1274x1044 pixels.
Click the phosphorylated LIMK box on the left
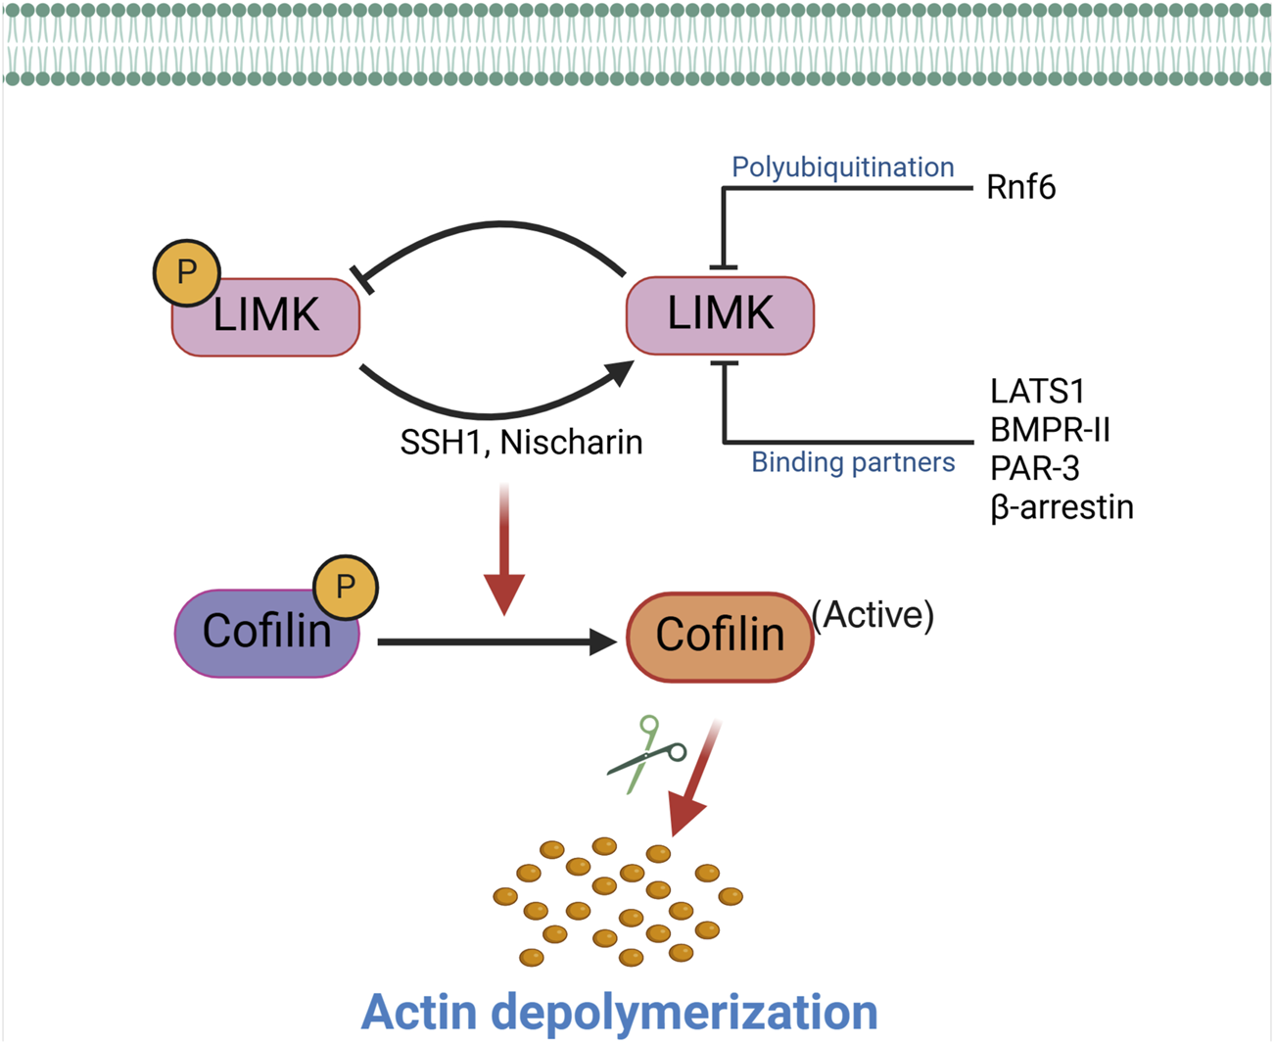point(266,317)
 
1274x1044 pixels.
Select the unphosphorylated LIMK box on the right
point(720,315)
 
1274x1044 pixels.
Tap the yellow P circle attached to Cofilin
point(345,587)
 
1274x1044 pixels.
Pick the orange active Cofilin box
point(720,637)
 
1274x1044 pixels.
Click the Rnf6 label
point(1020,187)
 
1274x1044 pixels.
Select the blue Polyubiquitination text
point(842,167)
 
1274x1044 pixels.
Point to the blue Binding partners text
point(852,462)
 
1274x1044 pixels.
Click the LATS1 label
point(1037,392)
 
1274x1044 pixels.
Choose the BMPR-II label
point(1050,430)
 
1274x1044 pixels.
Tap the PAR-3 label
point(1034,469)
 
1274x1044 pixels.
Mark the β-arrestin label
point(1062,507)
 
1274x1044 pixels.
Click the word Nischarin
point(571,443)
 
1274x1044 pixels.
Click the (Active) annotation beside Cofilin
point(873,615)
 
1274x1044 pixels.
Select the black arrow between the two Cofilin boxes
point(495,642)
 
